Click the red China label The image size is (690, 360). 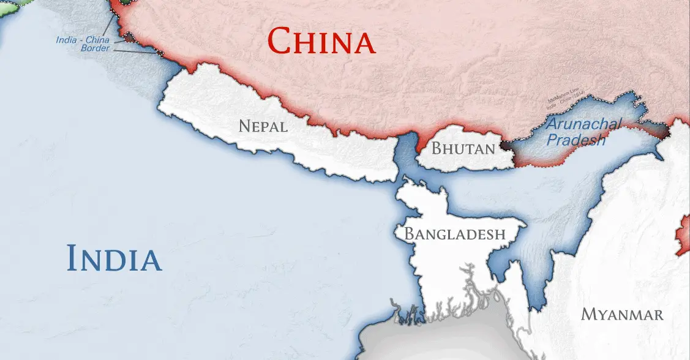[321, 42]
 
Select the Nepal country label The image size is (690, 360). [263, 127]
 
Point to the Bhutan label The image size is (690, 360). [463, 148]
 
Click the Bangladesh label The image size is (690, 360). [455, 234]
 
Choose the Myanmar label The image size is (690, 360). [622, 315]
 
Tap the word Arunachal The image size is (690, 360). [583, 124]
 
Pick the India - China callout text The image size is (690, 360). [83, 40]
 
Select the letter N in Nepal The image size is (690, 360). [244, 127]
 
